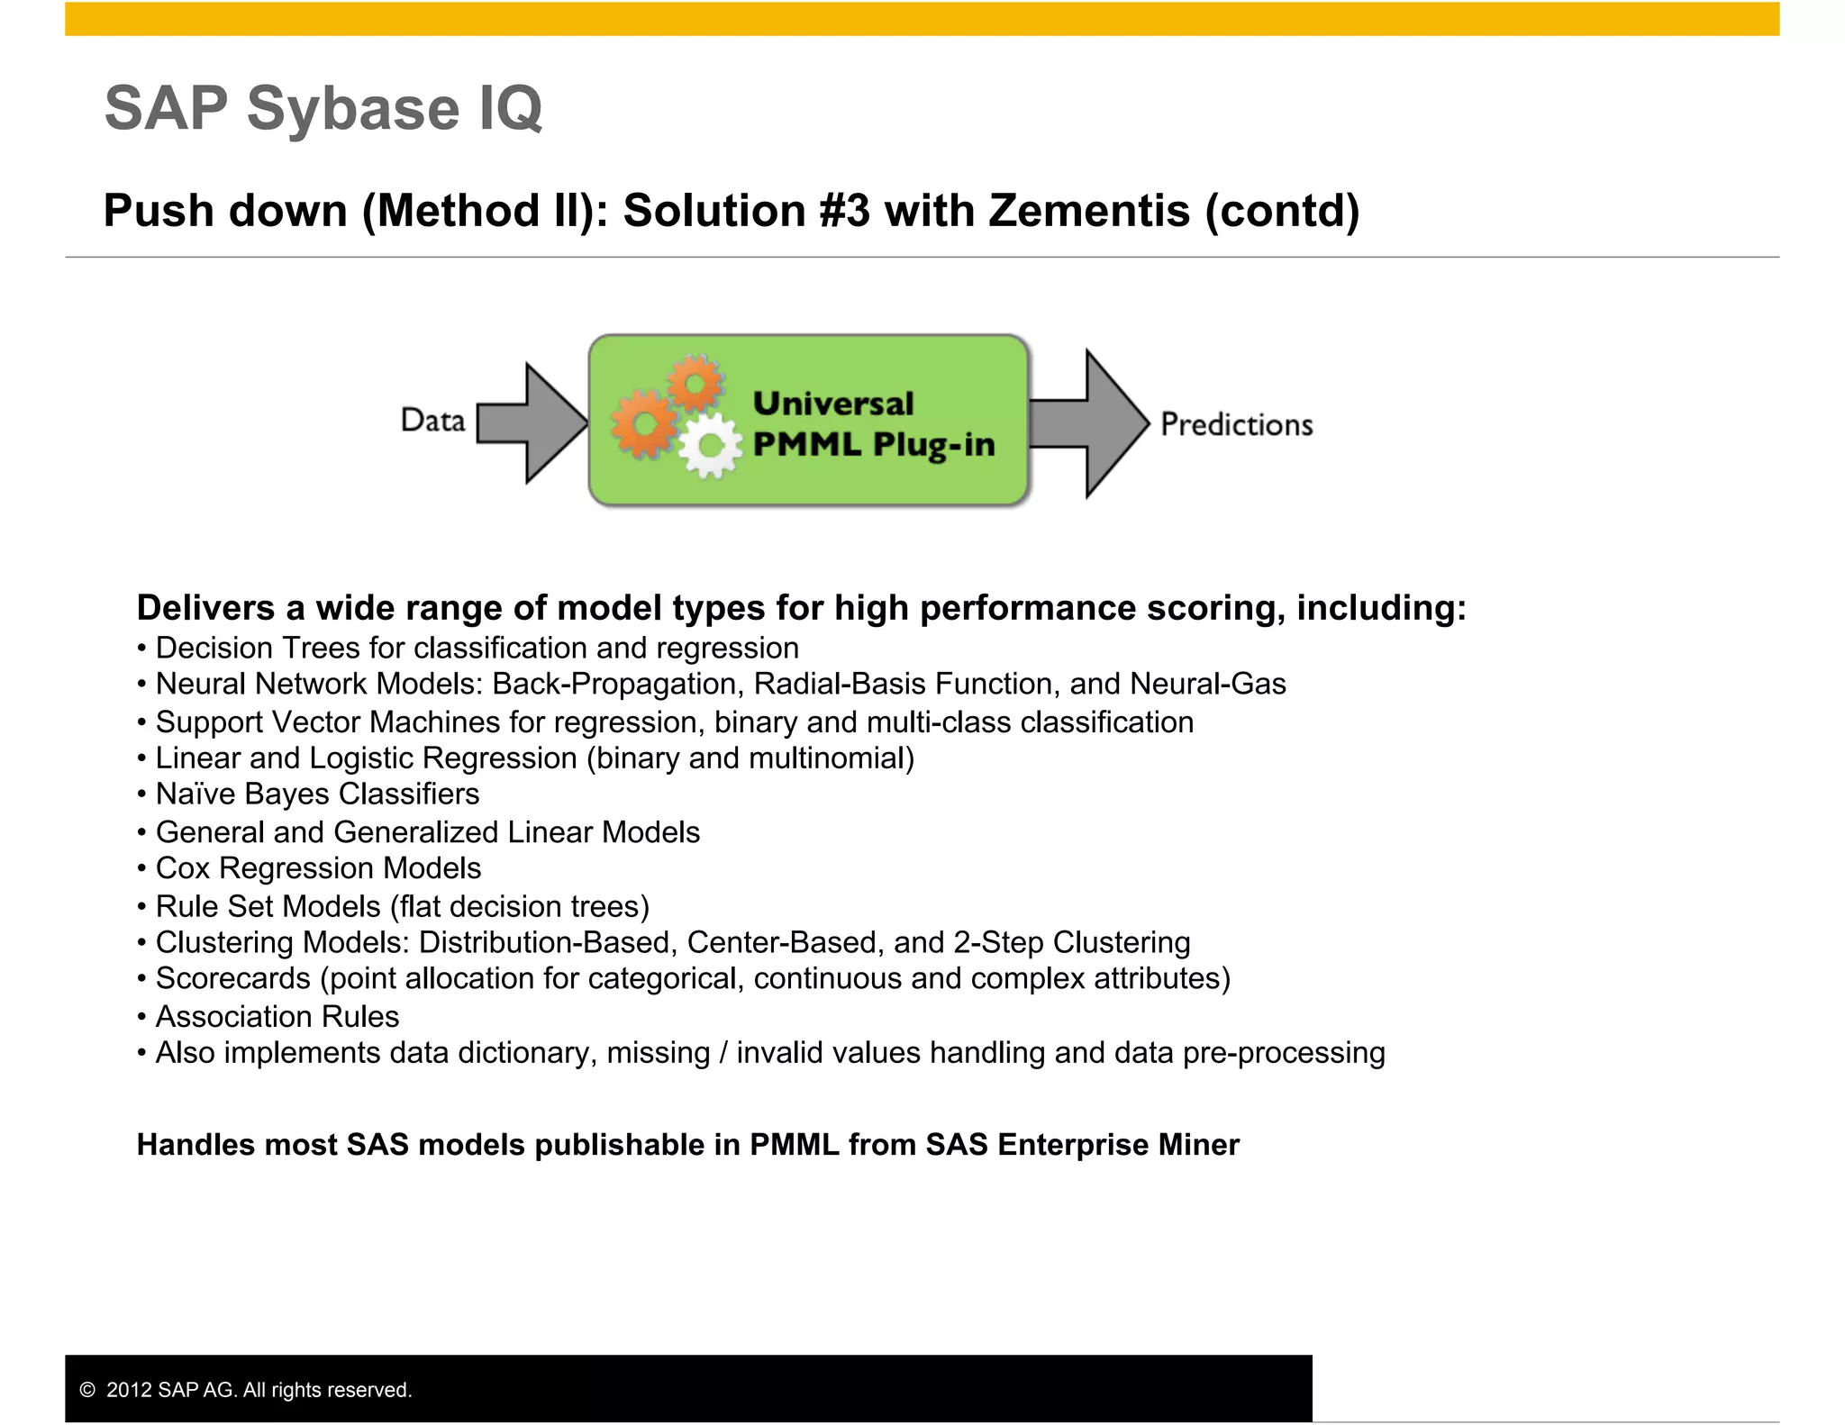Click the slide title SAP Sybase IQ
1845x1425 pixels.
(323, 108)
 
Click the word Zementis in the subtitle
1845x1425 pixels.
(1089, 211)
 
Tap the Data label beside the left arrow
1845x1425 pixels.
(432, 421)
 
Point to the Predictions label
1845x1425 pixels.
(1236, 424)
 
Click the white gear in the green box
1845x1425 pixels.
(710, 445)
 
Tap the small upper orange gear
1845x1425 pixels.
(695, 383)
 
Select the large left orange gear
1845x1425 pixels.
(643, 423)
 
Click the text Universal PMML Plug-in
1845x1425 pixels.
(872, 424)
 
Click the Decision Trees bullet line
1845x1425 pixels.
(477, 648)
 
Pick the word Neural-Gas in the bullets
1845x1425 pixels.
(1207, 684)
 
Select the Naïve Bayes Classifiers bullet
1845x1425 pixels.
(317, 794)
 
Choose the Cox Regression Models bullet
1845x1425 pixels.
(318, 867)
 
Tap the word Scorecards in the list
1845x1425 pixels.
(232, 978)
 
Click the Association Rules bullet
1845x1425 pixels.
(277, 1016)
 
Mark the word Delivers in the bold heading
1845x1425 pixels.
(205, 608)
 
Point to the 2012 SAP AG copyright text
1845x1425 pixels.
(258, 1390)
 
